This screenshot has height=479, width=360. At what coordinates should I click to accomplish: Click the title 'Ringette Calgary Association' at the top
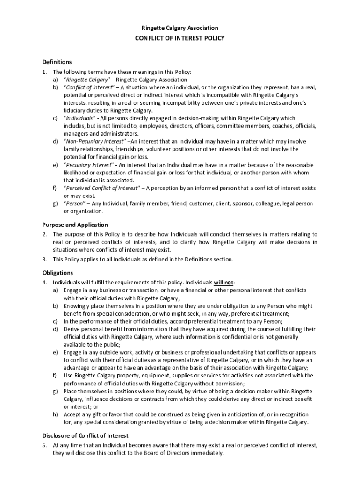point(180,28)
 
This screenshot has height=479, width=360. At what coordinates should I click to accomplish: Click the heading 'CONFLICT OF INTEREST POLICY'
point(180,38)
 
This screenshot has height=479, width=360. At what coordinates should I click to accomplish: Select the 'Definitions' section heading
point(57,62)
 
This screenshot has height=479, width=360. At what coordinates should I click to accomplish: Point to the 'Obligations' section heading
point(58,273)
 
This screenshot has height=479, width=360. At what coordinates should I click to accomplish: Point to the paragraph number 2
point(44,234)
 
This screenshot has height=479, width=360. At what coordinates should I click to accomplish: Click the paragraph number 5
point(44,445)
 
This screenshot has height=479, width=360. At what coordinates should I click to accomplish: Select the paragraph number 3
point(44,259)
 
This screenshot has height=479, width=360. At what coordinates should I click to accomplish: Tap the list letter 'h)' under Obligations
point(55,414)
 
